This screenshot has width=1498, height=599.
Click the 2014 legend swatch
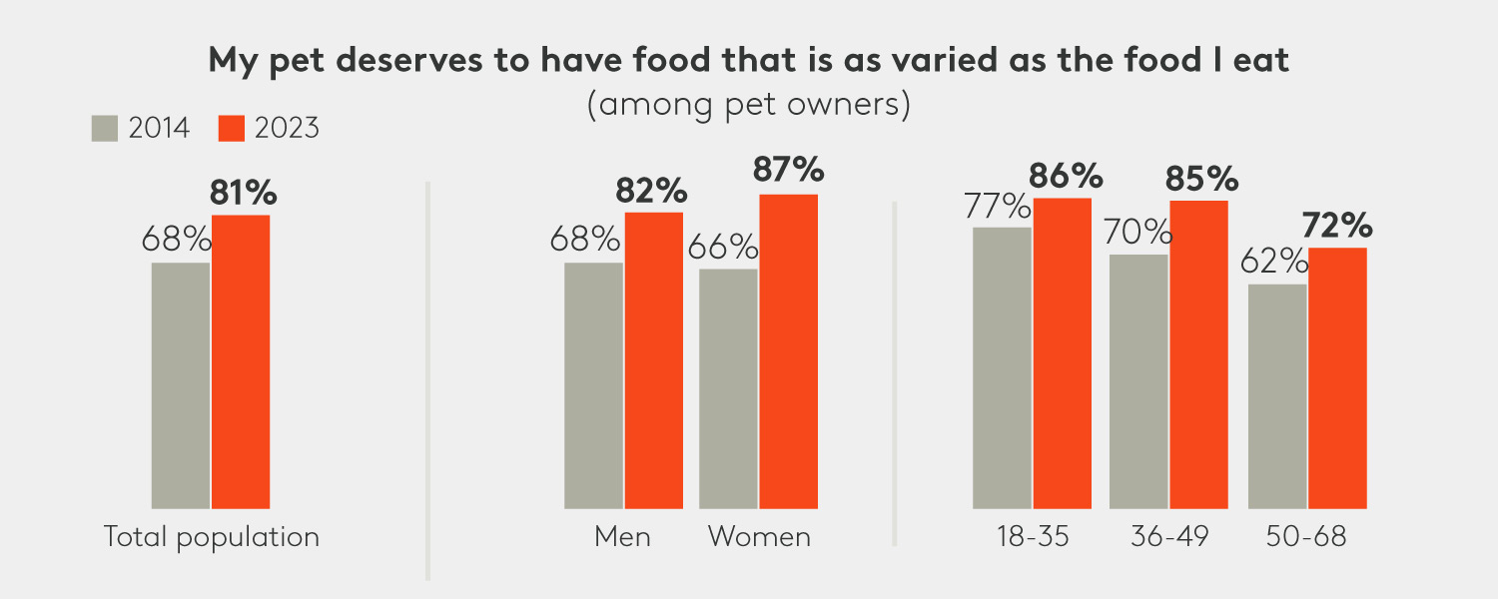click(105, 129)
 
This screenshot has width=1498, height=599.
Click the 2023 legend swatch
click(232, 129)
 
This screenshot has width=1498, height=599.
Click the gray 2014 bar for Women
click(728, 388)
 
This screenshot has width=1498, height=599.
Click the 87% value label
click(789, 171)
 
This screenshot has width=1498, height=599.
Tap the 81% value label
click(243, 194)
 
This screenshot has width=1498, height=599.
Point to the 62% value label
click(1274, 262)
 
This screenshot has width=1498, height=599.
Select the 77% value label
click(998, 207)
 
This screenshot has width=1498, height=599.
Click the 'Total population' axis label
click(212, 537)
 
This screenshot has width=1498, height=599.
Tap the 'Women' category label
click(759, 537)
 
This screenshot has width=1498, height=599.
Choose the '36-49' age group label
click(1169, 537)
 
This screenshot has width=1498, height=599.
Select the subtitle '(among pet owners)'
click(748, 105)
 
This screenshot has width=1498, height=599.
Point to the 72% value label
click(1338, 226)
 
